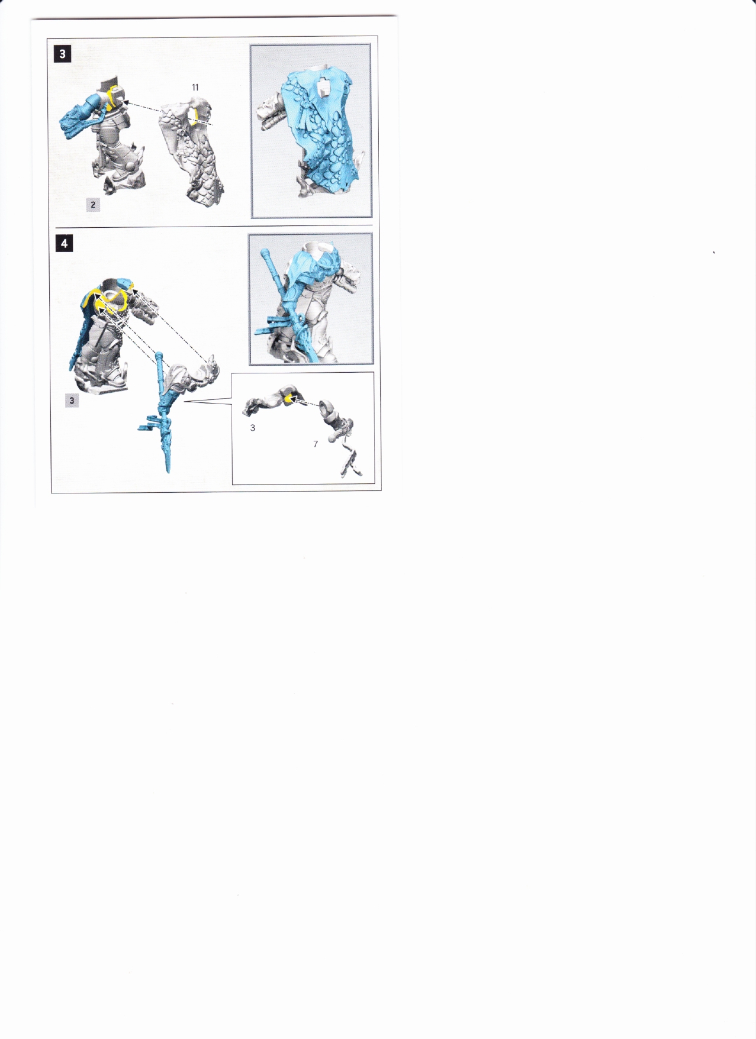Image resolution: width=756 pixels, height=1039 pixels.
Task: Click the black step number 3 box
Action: (x=62, y=54)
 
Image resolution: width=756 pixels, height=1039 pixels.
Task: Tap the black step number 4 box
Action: (x=64, y=243)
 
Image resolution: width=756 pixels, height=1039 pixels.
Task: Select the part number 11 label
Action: (x=195, y=88)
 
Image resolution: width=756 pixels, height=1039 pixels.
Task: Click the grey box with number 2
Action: (x=93, y=205)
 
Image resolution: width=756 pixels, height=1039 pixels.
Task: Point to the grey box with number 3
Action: (x=72, y=401)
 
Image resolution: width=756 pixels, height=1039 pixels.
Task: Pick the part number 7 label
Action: (x=316, y=444)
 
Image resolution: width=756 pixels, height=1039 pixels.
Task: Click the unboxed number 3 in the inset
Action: (x=253, y=428)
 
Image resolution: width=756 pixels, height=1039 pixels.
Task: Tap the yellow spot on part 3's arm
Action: (x=288, y=399)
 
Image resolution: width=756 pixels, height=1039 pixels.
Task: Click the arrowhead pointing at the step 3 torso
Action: (x=126, y=102)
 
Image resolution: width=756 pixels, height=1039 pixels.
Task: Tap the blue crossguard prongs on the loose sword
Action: (x=147, y=424)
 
